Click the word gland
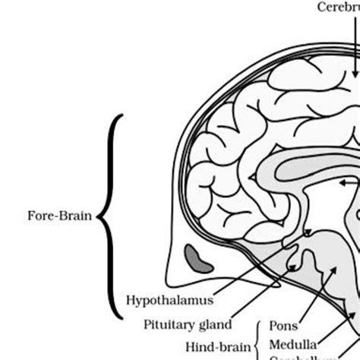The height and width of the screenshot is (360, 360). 215,346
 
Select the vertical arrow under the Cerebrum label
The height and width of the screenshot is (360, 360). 355,46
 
